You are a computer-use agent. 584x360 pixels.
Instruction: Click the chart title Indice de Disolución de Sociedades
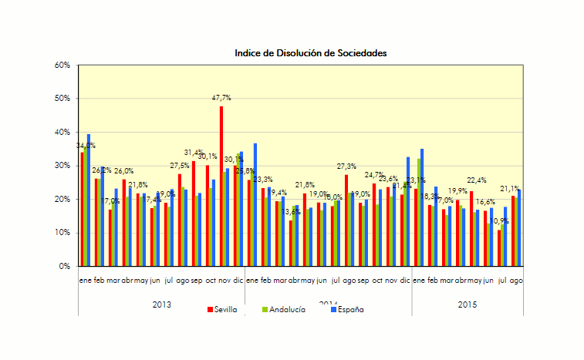[311, 53]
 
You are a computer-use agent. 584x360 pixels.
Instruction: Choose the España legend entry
[346, 309]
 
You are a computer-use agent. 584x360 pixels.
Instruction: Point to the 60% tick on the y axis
[63, 66]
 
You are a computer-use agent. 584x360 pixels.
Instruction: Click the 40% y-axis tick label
[63, 133]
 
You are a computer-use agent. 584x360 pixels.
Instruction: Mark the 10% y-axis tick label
[63, 233]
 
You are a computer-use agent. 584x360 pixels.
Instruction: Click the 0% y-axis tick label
[66, 267]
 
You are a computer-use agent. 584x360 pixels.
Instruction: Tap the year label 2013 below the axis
[161, 304]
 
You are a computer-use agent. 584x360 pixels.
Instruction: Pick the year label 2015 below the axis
[467, 304]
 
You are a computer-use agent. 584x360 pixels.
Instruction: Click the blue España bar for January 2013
[89, 200]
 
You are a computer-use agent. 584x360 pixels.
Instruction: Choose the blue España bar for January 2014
[255, 204]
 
